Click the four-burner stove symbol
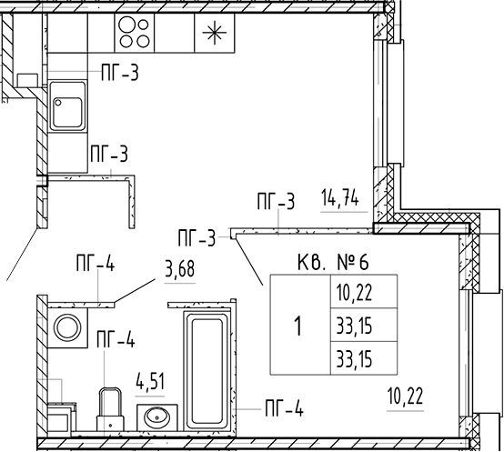click(135, 33)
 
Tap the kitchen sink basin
click(67, 106)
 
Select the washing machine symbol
click(67, 327)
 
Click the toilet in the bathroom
click(110, 409)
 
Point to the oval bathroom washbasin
click(157, 417)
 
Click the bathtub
click(207, 370)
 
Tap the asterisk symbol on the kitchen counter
click(215, 33)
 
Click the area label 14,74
click(340, 198)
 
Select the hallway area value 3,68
click(180, 269)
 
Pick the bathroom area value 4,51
click(150, 381)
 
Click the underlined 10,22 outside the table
click(406, 397)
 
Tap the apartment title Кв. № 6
click(333, 262)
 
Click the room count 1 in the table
click(298, 326)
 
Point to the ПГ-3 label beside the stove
click(120, 73)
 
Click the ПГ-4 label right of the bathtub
click(284, 408)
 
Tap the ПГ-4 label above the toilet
click(116, 339)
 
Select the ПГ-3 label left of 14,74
click(276, 201)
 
